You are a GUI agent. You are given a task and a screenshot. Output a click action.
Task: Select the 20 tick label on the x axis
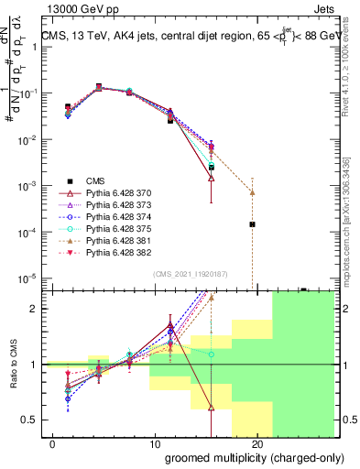tap(256, 444)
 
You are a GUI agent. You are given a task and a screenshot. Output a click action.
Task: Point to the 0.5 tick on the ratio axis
tap(29, 420)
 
